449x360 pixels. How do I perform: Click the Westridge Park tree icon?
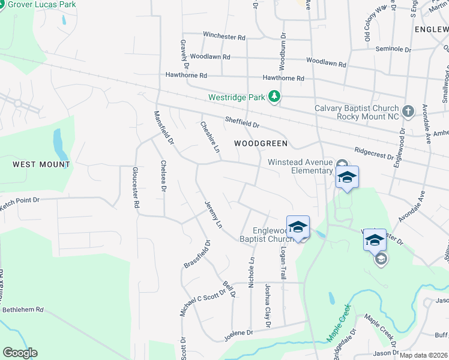click(x=274, y=97)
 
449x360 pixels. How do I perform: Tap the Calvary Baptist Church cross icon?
click(x=408, y=111)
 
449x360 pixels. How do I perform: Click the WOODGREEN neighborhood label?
click(x=261, y=144)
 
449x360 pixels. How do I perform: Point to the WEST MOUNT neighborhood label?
click(x=41, y=164)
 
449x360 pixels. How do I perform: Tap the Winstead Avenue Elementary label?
click(x=300, y=166)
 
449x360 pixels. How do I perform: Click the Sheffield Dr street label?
click(x=242, y=123)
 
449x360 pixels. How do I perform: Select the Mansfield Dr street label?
click(x=163, y=129)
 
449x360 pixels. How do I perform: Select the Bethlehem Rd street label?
click(x=23, y=310)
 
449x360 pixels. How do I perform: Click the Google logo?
click(x=20, y=353)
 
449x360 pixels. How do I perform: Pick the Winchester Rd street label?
click(x=224, y=37)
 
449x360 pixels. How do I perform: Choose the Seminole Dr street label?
click(x=393, y=49)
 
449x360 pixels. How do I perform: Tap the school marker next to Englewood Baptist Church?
click(x=298, y=227)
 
